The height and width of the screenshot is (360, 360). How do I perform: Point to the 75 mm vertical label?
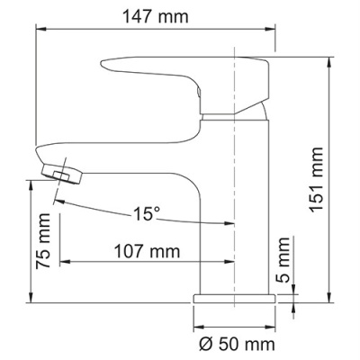pos(41,236)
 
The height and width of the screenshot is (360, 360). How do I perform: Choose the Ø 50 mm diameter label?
pos(234,343)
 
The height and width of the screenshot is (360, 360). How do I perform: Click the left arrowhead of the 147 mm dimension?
pos(40,29)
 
